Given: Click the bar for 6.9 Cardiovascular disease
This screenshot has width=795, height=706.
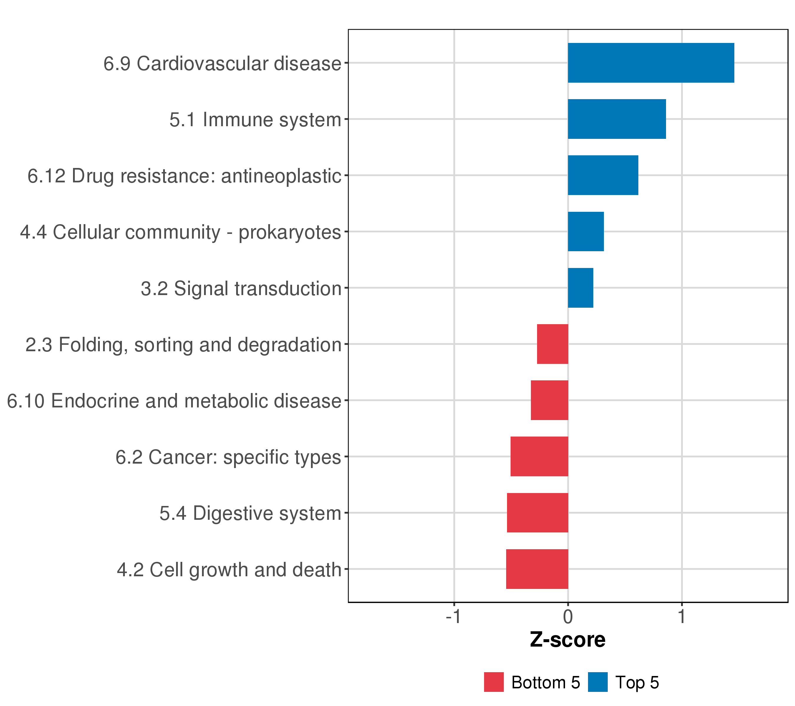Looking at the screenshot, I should point(651,63).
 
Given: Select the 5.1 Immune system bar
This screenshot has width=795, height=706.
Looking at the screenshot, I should point(617,119).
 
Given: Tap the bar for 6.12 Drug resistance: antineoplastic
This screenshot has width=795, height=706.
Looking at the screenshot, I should point(603,175).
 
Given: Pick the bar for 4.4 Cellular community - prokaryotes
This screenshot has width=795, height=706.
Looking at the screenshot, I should point(586,232).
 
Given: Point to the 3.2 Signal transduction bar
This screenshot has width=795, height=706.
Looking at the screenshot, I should point(580,288).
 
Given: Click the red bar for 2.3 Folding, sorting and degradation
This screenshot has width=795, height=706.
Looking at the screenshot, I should point(552,344).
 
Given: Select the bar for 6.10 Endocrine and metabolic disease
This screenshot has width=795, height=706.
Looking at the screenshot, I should point(549,400).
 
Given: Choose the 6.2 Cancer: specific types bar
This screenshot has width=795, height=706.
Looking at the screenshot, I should point(539,457).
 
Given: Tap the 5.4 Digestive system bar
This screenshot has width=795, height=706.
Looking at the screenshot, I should point(538,513).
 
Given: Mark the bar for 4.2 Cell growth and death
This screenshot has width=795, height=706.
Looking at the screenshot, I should point(537,569).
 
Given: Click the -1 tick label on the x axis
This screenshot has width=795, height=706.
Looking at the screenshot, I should point(453,617).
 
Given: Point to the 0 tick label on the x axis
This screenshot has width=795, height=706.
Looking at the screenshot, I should point(568,617).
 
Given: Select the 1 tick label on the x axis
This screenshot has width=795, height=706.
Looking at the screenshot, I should point(681,617).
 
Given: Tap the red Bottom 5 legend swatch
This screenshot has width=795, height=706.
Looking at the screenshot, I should point(493,682).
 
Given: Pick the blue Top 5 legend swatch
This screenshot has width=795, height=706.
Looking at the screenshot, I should point(597,682).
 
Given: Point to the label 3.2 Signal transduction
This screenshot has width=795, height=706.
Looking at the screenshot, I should point(241,289).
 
